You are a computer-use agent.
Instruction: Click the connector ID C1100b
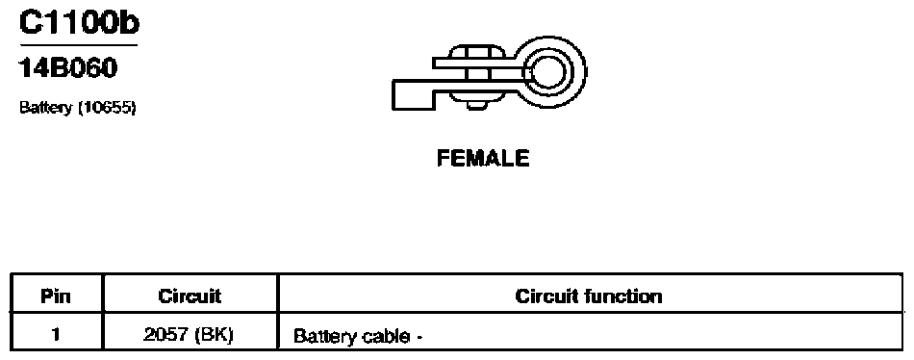pos(79,23)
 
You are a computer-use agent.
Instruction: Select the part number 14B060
pos(68,69)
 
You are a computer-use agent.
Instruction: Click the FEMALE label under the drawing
pos(483,159)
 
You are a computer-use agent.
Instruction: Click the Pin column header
pos(56,296)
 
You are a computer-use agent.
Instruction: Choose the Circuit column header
pos(190,296)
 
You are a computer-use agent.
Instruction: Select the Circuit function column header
pos(589,296)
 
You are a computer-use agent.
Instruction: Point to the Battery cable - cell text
pos(357,337)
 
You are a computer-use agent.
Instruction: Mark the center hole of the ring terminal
pos(547,72)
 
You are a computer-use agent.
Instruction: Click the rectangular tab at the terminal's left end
pos(412,95)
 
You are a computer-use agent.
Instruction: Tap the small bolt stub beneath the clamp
pos(477,105)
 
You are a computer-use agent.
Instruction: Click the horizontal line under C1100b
pos(79,45)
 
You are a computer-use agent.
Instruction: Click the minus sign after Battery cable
pos(418,338)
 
